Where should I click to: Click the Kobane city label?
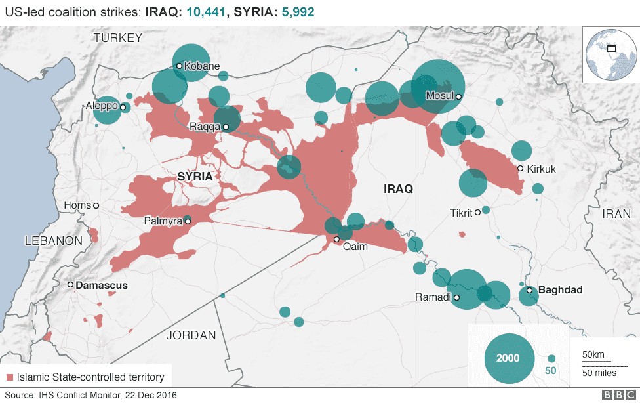point(201,66)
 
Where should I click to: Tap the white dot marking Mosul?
point(459,97)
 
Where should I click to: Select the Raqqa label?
point(204,127)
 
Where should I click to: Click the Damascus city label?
point(102,286)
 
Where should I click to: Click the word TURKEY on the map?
point(117,38)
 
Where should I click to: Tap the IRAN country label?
point(616,213)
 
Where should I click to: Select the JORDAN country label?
point(191,335)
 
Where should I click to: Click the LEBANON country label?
point(54,241)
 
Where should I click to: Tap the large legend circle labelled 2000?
point(508,358)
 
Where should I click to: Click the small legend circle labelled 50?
point(551,358)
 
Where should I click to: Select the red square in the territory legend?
point(9,377)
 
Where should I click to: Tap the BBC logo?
point(614,395)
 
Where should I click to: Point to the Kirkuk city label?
point(541,169)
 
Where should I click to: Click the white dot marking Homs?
point(96,206)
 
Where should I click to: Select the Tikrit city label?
point(462,213)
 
